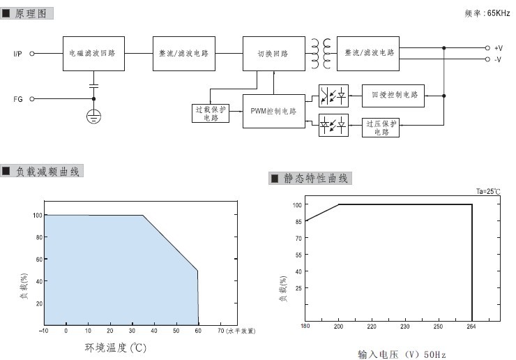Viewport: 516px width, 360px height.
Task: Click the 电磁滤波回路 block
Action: click(94, 54)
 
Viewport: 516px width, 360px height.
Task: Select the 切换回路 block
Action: click(274, 54)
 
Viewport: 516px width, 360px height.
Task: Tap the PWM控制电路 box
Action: click(274, 112)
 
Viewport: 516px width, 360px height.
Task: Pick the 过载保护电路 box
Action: click(211, 113)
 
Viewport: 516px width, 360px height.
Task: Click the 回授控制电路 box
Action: click(393, 96)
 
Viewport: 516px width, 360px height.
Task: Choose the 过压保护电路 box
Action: click(381, 128)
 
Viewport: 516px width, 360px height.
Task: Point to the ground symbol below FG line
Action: click(94, 117)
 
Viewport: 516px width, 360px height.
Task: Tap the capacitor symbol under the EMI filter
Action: click(94, 87)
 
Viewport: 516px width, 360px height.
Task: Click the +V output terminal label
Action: click(499, 48)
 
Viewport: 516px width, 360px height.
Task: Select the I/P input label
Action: click(17, 54)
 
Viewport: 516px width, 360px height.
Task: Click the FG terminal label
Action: click(18, 99)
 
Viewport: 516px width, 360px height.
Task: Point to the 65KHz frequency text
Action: click(499, 13)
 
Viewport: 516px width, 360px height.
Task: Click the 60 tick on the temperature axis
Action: click(198, 331)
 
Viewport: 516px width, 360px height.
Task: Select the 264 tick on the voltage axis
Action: click(471, 327)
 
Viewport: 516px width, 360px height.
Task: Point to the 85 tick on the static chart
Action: click(298, 222)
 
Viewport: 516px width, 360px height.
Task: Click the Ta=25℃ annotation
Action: click(488, 192)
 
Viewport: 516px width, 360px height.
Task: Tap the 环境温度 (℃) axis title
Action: click(116, 348)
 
